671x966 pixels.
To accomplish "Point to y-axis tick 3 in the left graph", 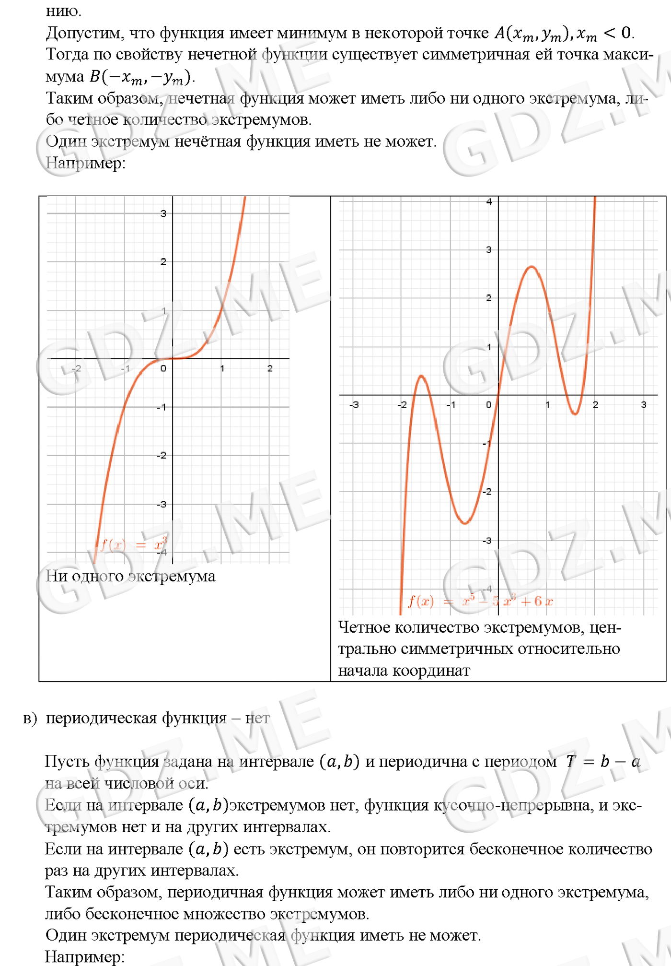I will click(163, 213).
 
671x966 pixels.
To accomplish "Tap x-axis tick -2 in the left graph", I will click(76, 368).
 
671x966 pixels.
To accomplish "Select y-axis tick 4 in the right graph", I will click(489, 202).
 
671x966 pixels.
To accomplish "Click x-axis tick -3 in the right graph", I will click(354, 405).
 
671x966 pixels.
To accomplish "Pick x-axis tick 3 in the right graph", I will click(644, 405).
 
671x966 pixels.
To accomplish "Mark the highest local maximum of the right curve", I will click(532, 267).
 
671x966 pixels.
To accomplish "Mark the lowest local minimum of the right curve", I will click(464, 523).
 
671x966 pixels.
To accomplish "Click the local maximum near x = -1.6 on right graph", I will click(421, 376).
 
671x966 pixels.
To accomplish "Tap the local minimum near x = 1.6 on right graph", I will click(575, 414).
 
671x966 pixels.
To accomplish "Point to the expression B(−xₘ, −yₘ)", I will click(142, 77).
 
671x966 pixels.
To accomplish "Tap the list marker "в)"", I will click(30, 719).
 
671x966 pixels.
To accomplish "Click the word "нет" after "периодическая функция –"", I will click(257, 719).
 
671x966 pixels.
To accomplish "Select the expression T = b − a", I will click(602, 762).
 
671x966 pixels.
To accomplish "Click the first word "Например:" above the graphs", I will click(85, 163).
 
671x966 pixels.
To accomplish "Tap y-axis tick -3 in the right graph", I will click(487, 541).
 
